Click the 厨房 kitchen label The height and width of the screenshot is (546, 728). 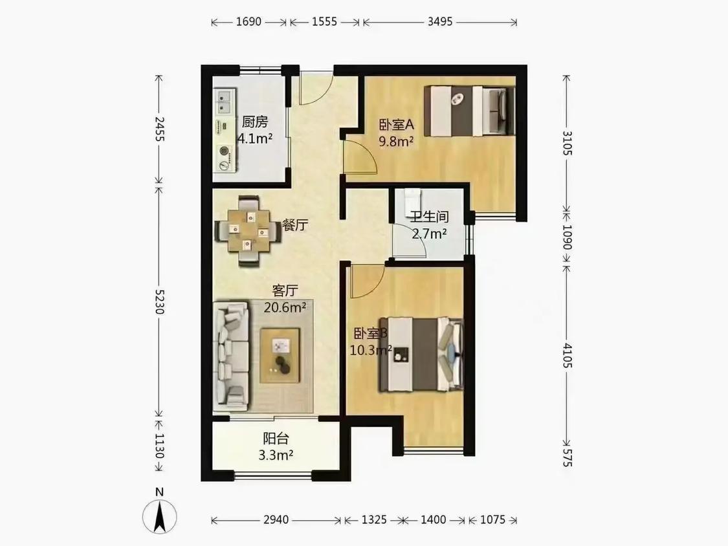coord(255,122)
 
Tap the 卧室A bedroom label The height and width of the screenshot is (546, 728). coord(397,124)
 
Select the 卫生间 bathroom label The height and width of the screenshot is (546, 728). coord(429,216)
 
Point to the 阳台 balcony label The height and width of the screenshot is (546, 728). coord(276,438)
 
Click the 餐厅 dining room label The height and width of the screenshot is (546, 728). coord(295,225)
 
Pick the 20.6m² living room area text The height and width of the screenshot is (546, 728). coord(285,307)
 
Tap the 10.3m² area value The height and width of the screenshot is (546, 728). coord(371,350)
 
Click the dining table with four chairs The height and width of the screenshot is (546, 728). coord(248,231)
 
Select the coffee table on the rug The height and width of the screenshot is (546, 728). coord(280,356)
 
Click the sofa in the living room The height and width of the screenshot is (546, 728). coord(231,356)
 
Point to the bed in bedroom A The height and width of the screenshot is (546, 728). coord(470,111)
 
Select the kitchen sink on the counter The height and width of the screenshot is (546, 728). coord(225,102)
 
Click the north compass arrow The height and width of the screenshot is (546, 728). coord(159,516)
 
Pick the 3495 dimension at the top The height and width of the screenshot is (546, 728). coord(439,22)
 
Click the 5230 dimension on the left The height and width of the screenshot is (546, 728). coord(159,301)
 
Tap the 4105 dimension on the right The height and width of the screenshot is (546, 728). coord(568,355)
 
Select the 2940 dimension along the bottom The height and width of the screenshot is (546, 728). coord(276,519)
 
